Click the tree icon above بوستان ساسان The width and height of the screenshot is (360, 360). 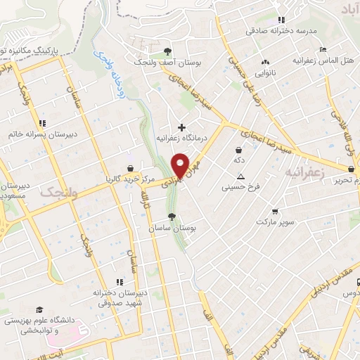tap(172, 217)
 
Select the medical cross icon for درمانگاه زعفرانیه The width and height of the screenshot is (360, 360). tap(182, 127)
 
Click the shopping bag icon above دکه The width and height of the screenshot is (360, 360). tap(239, 149)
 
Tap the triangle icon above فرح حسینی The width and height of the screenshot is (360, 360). tap(241, 176)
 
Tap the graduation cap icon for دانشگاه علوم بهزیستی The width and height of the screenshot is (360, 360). tap(39, 309)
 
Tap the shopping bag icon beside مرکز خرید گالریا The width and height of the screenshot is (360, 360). tap(131, 167)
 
